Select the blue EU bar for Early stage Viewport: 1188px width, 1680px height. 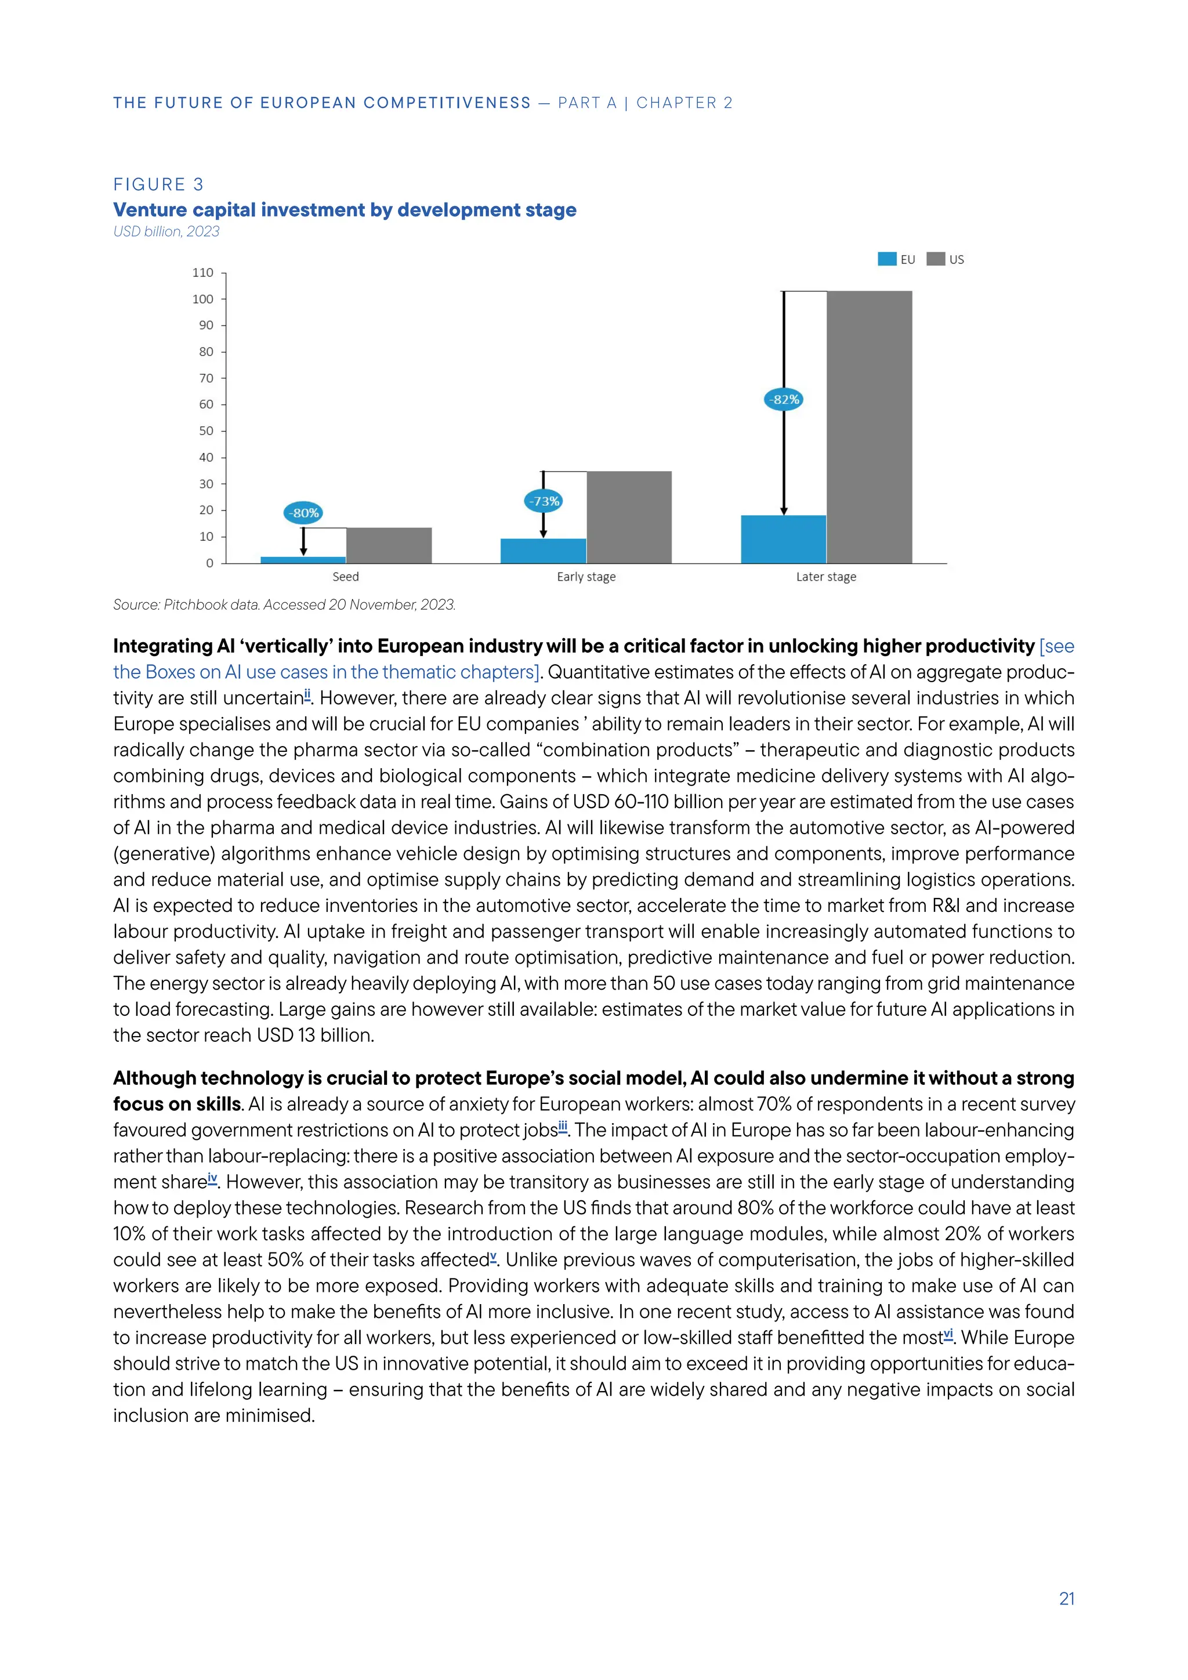(543, 551)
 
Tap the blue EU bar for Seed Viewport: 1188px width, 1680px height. (303, 560)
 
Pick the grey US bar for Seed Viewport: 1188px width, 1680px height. (389, 545)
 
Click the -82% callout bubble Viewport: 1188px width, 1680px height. (784, 400)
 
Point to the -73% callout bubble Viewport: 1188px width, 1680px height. (544, 501)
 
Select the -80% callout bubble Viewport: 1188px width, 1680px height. (303, 513)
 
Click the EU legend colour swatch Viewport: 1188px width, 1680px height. (886, 259)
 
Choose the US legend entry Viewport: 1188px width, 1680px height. (946, 259)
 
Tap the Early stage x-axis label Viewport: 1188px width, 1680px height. (586, 577)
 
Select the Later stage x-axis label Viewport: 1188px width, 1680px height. (826, 577)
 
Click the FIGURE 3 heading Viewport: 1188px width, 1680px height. (158, 184)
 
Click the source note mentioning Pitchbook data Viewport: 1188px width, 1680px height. (284, 604)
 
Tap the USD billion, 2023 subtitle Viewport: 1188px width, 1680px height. (166, 231)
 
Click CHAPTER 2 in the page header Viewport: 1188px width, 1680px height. (684, 103)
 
